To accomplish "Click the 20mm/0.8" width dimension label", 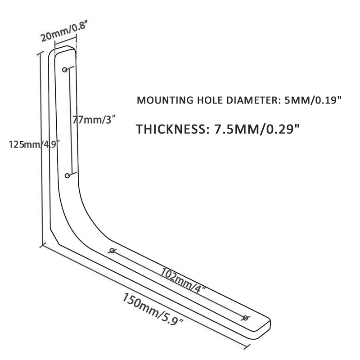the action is coord(63,32).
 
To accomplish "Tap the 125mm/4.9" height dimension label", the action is coord(32,145).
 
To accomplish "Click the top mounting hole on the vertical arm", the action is coord(65,69).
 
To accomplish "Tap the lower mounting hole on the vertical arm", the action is coord(67,175).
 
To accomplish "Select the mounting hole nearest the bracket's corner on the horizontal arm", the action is coord(112,251).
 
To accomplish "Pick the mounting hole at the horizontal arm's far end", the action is coord(245,318).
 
